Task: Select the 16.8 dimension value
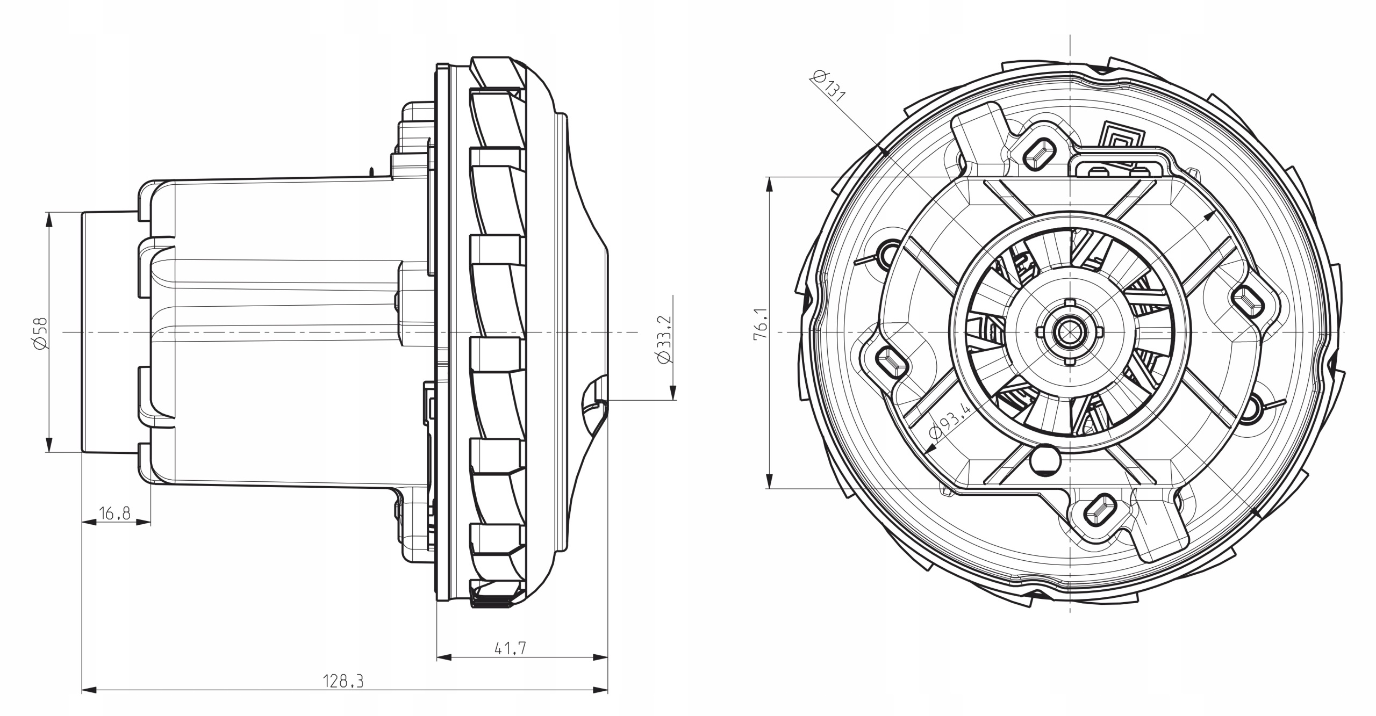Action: coord(115,514)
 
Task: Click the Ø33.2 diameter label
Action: coord(665,338)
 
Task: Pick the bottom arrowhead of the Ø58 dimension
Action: coord(49,444)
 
